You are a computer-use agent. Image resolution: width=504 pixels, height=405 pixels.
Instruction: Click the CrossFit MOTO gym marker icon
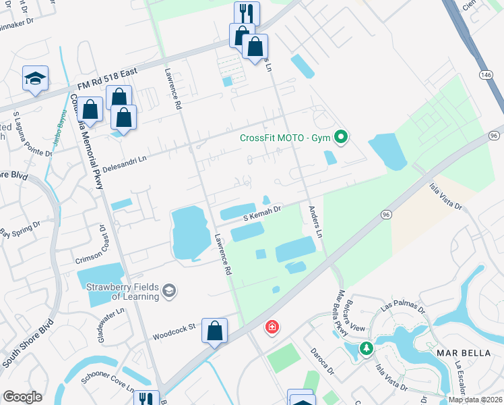(341, 138)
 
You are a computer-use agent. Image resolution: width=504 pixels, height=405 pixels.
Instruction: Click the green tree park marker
(366, 348)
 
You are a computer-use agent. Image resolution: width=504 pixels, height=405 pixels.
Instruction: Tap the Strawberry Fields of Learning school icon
(169, 291)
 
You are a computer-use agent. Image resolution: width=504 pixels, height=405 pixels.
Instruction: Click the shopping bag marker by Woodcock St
(214, 331)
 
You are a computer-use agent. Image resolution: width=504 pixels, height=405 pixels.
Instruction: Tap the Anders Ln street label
(315, 221)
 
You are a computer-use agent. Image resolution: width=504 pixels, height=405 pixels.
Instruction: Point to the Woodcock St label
(174, 330)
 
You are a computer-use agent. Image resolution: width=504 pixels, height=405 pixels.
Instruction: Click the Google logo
(23, 396)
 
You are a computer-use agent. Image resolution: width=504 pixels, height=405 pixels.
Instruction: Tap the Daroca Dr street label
(322, 362)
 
